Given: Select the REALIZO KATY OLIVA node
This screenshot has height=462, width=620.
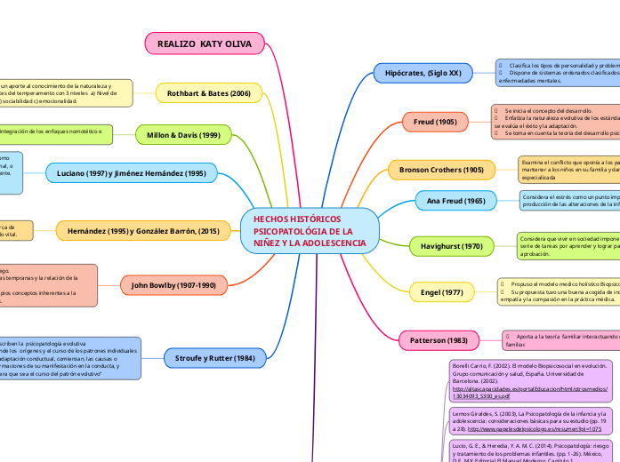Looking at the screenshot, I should pyautogui.click(x=205, y=43).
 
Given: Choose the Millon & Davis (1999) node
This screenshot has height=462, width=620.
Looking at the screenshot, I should pyautogui.click(x=178, y=134).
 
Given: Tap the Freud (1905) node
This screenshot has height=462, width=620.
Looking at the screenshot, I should pyautogui.click(x=435, y=121).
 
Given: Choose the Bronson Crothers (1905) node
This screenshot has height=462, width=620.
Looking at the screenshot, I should pyautogui.click(x=442, y=169).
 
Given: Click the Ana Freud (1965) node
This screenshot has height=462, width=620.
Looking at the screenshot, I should pyautogui.click(x=456, y=202).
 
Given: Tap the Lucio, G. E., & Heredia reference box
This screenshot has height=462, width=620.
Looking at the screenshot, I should pyautogui.click(x=528, y=449).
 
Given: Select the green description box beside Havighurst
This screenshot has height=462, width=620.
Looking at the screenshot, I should pyautogui.click(x=569, y=245).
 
